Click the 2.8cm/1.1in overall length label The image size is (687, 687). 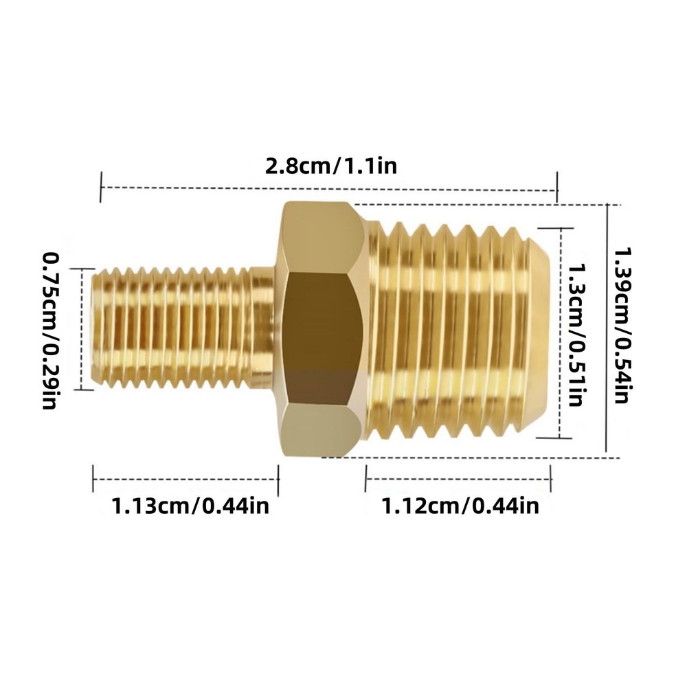coord(330,167)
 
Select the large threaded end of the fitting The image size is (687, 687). coord(447,330)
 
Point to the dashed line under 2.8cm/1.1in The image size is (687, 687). coord(330,187)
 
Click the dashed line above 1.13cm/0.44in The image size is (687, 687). coord(185,480)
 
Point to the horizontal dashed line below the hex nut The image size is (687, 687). coord(481,457)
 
